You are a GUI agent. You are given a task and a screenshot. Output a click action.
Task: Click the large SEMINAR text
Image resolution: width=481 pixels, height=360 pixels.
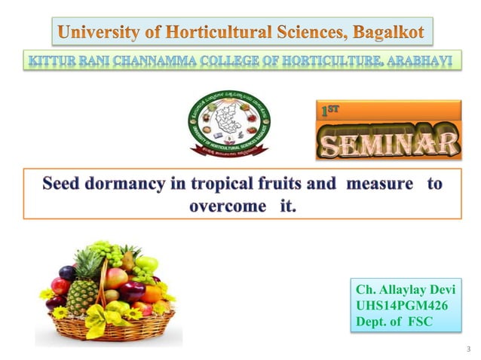(389, 143)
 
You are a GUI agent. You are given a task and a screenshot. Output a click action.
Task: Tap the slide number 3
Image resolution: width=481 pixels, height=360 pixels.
(468, 349)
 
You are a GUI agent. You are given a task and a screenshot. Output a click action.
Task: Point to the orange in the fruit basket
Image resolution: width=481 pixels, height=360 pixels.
(152, 294)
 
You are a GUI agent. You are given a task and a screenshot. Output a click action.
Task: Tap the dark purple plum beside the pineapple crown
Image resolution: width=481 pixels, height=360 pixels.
(67, 273)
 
